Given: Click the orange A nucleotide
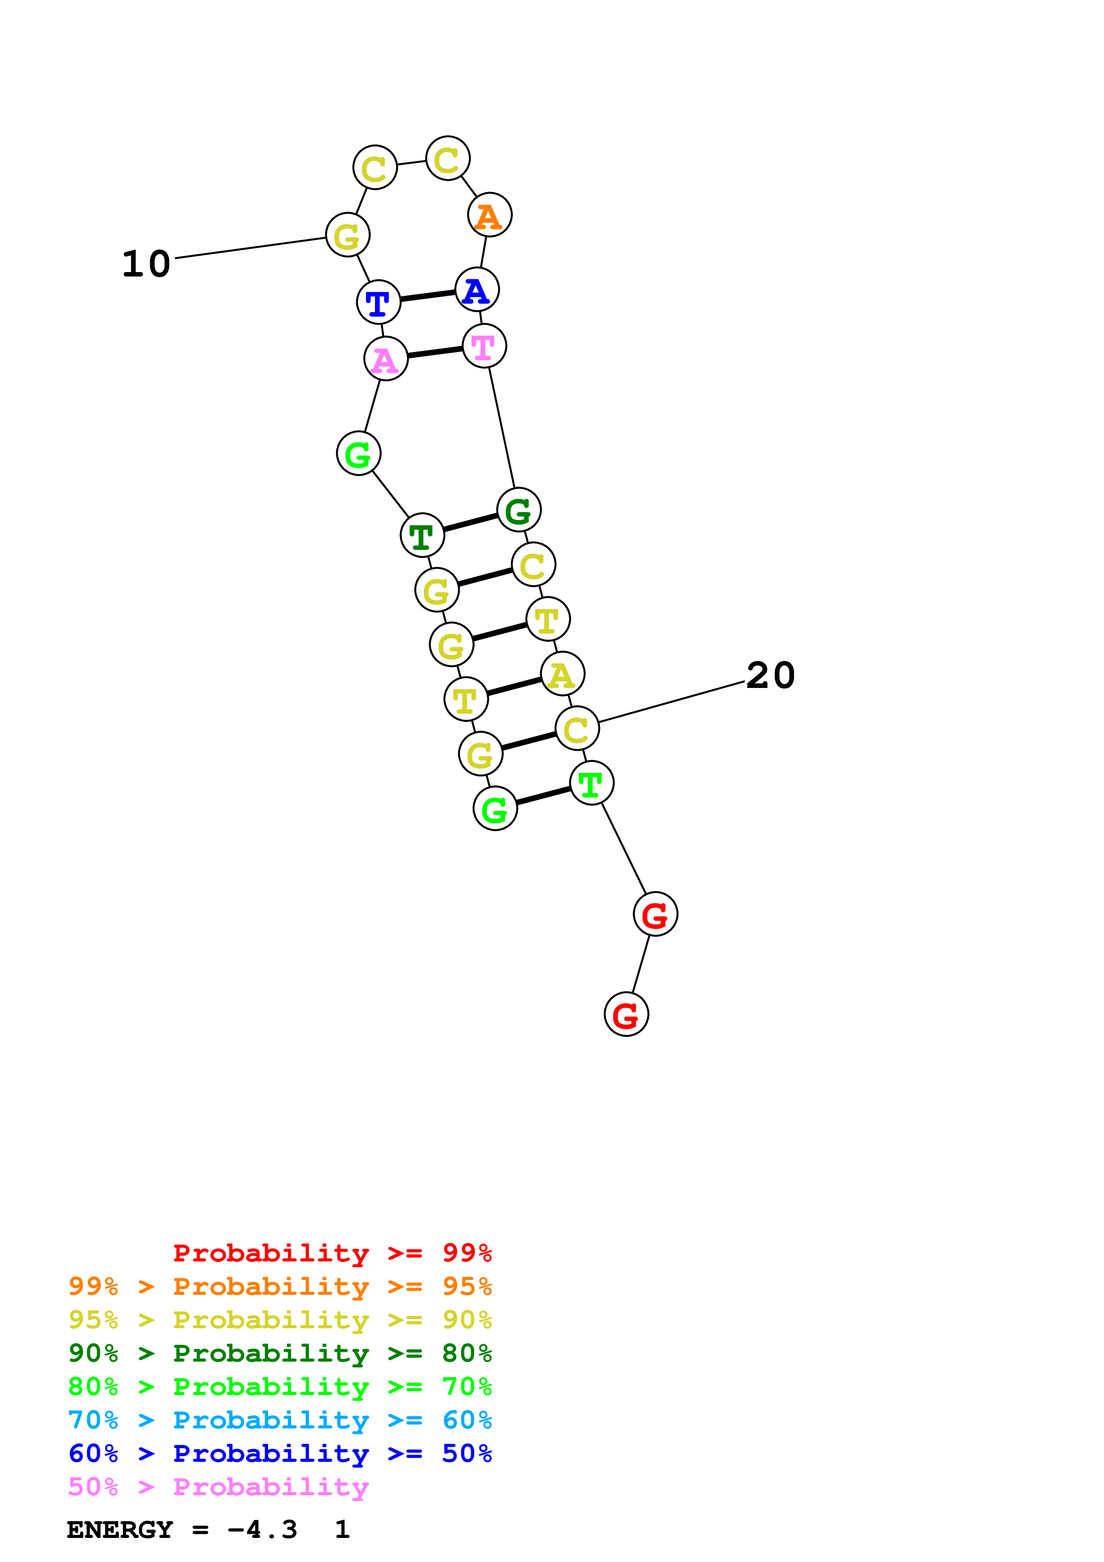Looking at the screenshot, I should point(489,215).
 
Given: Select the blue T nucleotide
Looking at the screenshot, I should point(378,302).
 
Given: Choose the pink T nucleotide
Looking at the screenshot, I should point(484,346).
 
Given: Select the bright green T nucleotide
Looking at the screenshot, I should point(591,783).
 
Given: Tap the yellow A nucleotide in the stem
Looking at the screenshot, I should point(562,674).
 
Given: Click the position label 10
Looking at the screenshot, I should point(146,264).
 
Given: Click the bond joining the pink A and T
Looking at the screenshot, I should point(435,352).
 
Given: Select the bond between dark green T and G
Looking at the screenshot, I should point(470,522).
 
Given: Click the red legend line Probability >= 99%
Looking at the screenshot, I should point(332,1253).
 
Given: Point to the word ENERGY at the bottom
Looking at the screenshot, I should point(120,1529).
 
